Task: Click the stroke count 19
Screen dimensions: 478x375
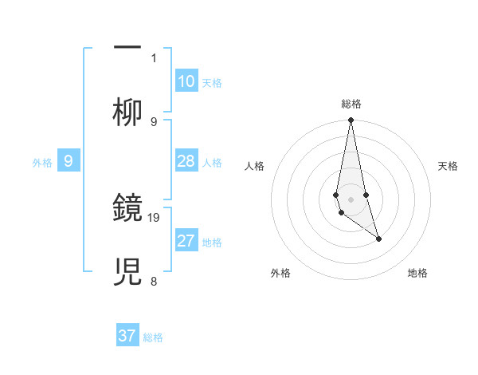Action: click(154, 217)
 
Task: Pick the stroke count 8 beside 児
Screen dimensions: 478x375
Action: click(154, 281)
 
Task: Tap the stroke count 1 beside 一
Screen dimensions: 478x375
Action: click(154, 57)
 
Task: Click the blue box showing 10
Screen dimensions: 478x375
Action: click(186, 81)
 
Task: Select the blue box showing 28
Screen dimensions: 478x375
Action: click(186, 161)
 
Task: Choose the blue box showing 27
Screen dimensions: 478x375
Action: click(186, 241)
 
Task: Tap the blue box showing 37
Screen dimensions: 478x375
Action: click(127, 336)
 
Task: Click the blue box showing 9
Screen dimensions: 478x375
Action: click(69, 161)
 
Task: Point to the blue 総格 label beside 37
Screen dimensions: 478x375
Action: click(153, 337)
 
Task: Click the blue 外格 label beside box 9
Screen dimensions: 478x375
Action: click(42, 163)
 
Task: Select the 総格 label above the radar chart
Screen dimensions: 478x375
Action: click(351, 104)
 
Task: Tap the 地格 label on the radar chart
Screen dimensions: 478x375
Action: click(417, 273)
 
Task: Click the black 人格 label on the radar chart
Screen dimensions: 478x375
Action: click(255, 166)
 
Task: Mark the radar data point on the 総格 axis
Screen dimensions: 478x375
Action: click(351, 120)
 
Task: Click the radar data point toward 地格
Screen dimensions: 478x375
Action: click(378, 239)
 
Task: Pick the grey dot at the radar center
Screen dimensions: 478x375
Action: click(351, 199)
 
